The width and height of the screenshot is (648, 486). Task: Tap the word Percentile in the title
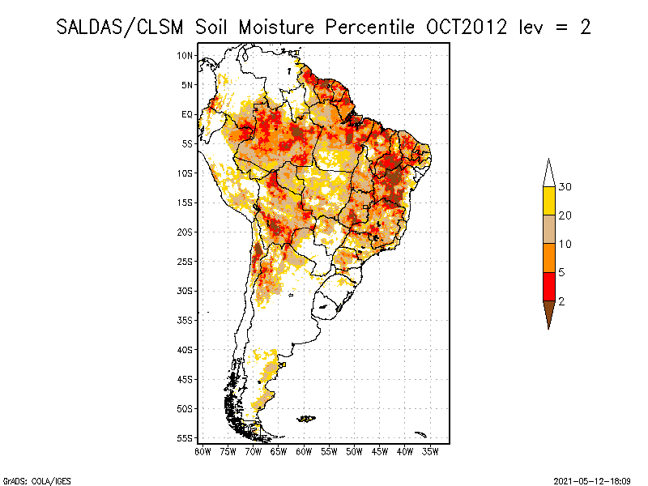[x=371, y=27]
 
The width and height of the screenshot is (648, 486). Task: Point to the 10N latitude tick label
[x=185, y=55]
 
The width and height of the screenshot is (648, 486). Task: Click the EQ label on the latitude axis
[x=187, y=114]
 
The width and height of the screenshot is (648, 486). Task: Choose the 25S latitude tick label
[x=185, y=262]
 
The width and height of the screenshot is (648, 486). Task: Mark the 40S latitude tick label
[x=185, y=350]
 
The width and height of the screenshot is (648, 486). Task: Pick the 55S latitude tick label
[x=185, y=438]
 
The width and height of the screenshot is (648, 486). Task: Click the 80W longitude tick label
[x=202, y=451]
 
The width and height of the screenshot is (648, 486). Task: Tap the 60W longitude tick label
[x=304, y=451]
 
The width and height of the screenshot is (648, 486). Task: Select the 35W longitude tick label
[x=430, y=451]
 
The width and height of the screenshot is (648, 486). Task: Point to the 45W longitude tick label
[x=379, y=451]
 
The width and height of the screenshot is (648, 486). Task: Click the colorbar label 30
[x=565, y=187]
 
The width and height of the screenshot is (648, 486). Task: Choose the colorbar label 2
[x=561, y=301]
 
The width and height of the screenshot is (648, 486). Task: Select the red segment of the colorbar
[x=548, y=286]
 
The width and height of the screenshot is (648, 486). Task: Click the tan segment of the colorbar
[x=548, y=229]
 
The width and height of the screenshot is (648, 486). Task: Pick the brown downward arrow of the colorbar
[x=548, y=311]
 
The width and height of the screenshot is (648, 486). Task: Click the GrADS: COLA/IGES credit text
[x=26, y=480]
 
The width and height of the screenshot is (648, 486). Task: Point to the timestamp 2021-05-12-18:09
[x=592, y=480]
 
